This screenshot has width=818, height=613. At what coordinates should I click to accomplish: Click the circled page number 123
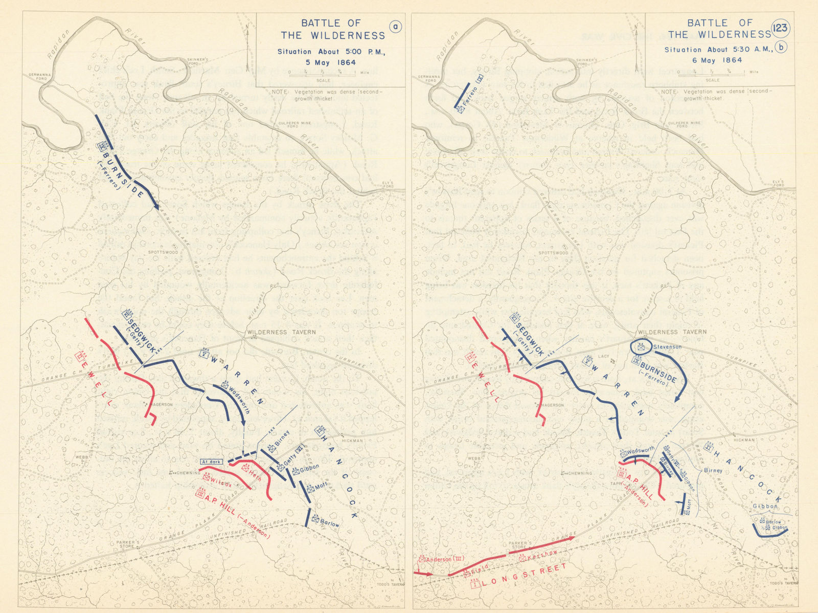click(781, 28)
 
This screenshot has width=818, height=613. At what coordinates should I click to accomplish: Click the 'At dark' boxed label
click(211, 462)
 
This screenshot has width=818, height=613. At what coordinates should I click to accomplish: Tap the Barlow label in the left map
click(330, 524)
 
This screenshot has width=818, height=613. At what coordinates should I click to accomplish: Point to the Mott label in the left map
click(321, 487)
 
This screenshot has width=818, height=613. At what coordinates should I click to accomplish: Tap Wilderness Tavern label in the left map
click(281, 332)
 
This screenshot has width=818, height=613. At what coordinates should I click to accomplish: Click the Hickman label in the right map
click(743, 440)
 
